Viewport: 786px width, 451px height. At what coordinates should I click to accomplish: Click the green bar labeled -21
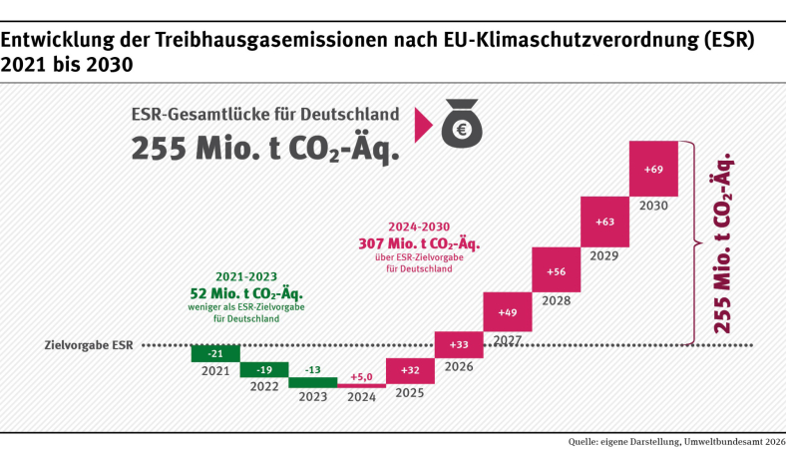tap(214, 354)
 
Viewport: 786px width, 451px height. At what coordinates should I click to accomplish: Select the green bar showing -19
tap(263, 369)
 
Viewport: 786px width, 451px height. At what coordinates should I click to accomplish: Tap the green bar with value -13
tap(312, 381)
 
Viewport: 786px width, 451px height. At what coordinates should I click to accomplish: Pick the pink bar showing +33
tap(459, 344)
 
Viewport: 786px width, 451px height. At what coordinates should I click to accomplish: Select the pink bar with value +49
tap(507, 311)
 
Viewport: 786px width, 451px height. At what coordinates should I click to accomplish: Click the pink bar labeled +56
tap(556, 270)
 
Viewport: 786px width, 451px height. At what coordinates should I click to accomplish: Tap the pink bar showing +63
tap(604, 222)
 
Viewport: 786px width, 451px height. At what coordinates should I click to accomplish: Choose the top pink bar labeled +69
tap(653, 168)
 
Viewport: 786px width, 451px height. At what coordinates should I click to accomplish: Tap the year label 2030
tap(654, 206)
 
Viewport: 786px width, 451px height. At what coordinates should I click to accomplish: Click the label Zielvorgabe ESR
tap(89, 346)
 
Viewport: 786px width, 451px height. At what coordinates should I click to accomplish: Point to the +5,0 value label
tap(361, 377)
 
